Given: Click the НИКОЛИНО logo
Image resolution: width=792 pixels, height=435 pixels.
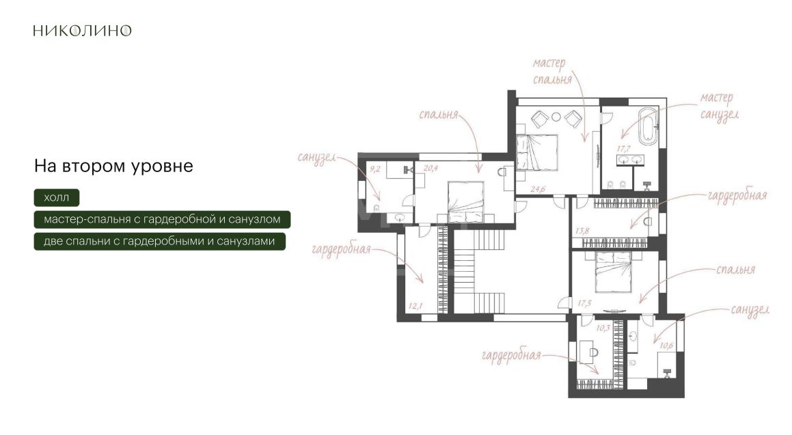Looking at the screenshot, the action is pyautogui.click(x=82, y=30).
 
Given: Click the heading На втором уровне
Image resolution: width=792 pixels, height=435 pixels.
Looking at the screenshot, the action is pyautogui.click(x=113, y=166).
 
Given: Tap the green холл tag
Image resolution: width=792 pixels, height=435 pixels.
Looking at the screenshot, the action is pyautogui.click(x=57, y=197).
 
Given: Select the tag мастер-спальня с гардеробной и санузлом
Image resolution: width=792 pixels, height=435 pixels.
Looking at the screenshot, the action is pyautogui.click(x=162, y=219).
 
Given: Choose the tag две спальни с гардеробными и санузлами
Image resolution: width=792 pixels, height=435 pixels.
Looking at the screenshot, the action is pyautogui.click(x=160, y=241).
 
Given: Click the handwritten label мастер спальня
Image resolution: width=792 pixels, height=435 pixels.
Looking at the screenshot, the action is pyautogui.click(x=551, y=71).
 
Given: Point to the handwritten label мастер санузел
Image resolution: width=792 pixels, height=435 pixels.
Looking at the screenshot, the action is pyautogui.click(x=720, y=107).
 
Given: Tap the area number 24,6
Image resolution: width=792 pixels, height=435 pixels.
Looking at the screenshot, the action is pyautogui.click(x=538, y=189).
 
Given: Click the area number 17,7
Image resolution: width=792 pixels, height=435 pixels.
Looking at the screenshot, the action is pyautogui.click(x=623, y=149).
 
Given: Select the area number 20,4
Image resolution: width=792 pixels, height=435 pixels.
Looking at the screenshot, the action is pyautogui.click(x=431, y=168).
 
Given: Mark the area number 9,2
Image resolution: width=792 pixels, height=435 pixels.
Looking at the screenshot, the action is pyautogui.click(x=374, y=169).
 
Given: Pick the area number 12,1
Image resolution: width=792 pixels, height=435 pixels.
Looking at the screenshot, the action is pyautogui.click(x=415, y=305).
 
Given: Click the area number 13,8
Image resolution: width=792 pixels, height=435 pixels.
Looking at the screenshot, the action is pyautogui.click(x=582, y=231).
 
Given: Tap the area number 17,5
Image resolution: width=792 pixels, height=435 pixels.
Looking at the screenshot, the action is pyautogui.click(x=584, y=303).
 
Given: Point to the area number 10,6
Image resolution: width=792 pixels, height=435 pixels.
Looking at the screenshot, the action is pyautogui.click(x=666, y=346).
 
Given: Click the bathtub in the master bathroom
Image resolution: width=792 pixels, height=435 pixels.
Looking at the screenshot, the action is pyautogui.click(x=647, y=125).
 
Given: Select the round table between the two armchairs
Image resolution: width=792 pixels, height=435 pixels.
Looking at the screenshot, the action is pyautogui.click(x=556, y=117).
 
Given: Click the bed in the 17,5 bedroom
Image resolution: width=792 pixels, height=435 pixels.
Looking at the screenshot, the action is pyautogui.click(x=613, y=272).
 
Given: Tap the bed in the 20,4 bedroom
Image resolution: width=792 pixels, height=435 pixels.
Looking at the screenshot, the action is pyautogui.click(x=466, y=202).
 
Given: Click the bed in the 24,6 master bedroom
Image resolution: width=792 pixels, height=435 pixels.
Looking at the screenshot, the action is pyautogui.click(x=537, y=152).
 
